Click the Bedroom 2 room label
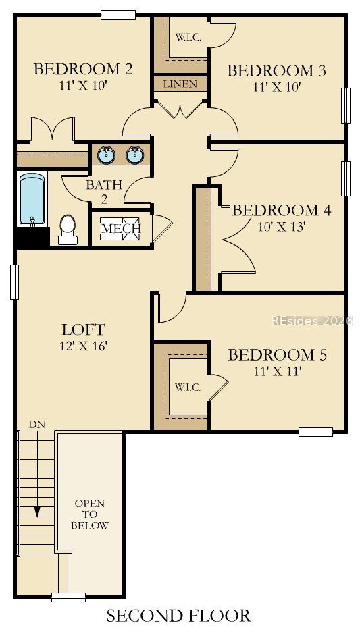pyautogui.click(x=83, y=69)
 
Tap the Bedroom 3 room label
pyautogui.click(x=277, y=71)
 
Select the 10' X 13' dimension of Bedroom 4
pyautogui.click(x=282, y=227)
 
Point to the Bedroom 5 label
pyautogui.click(x=277, y=354)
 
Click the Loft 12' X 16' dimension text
pyautogui.click(x=83, y=346)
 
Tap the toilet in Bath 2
pyautogui.click(x=68, y=230)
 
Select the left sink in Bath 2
pyautogui.click(x=106, y=155)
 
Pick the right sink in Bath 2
pyautogui.click(x=134, y=155)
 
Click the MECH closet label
pyautogui.click(x=121, y=228)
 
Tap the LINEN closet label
pyautogui.click(x=180, y=84)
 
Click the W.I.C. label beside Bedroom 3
pyautogui.click(x=188, y=37)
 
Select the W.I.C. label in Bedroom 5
pyautogui.click(x=188, y=388)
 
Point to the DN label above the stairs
pyautogui.click(x=36, y=425)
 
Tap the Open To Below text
pyautogui.click(x=90, y=514)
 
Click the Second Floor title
pyautogui.click(x=178, y=616)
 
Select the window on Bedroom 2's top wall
pyautogui.click(x=118, y=15)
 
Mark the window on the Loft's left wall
pyautogui.click(x=15, y=282)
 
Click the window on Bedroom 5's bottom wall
pyautogui.click(x=315, y=431)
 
